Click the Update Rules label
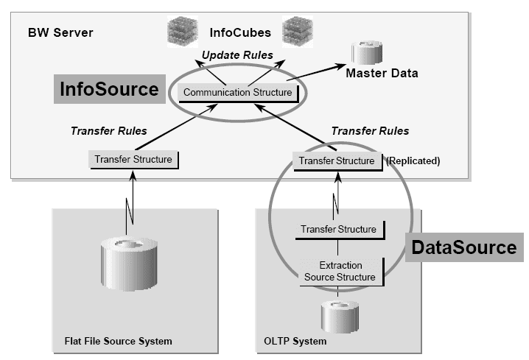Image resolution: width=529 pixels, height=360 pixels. [x=237, y=55]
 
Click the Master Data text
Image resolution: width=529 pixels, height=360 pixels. [x=382, y=73]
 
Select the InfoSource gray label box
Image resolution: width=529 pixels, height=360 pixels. [x=108, y=90]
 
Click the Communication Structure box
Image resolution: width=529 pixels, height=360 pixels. [x=237, y=92]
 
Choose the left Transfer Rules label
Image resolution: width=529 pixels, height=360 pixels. [x=108, y=131]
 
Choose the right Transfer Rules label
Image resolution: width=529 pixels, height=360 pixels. [x=370, y=131]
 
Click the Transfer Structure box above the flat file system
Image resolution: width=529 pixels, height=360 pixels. [x=133, y=159]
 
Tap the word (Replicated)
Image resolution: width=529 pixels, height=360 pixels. [x=413, y=160]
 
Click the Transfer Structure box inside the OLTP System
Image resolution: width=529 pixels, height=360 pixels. [x=338, y=229]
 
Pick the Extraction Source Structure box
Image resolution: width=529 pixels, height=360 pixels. [x=338, y=270]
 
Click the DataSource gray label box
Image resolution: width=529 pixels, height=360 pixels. [x=464, y=247]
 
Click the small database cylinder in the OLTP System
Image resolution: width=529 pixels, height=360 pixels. [x=338, y=315]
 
